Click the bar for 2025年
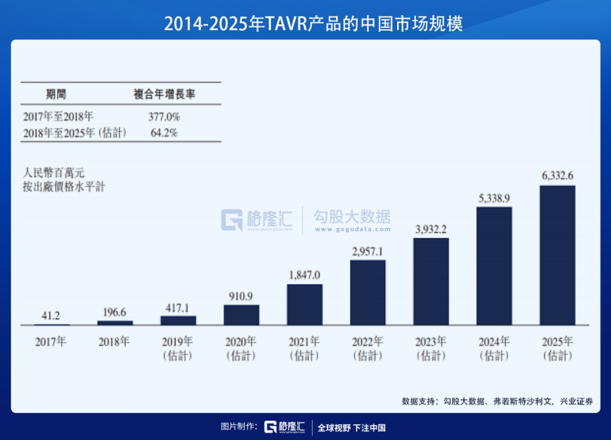pos(557,255)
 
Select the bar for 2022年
pos(368,292)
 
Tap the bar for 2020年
pos(242,315)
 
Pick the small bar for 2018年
pos(115,323)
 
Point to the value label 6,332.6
pos(557,176)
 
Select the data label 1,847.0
pos(304,275)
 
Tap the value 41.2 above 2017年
pos(51,315)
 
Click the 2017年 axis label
pos(51,342)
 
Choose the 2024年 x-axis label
pos(494,342)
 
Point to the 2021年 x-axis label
pos(304,342)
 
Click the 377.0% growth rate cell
pos(164,117)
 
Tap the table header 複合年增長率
pos(164,94)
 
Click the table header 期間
pos(56,94)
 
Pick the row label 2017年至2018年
pos(58,117)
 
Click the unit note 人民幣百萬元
pos(54,173)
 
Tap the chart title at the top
pos(305,23)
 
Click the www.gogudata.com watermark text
pos(352,229)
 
